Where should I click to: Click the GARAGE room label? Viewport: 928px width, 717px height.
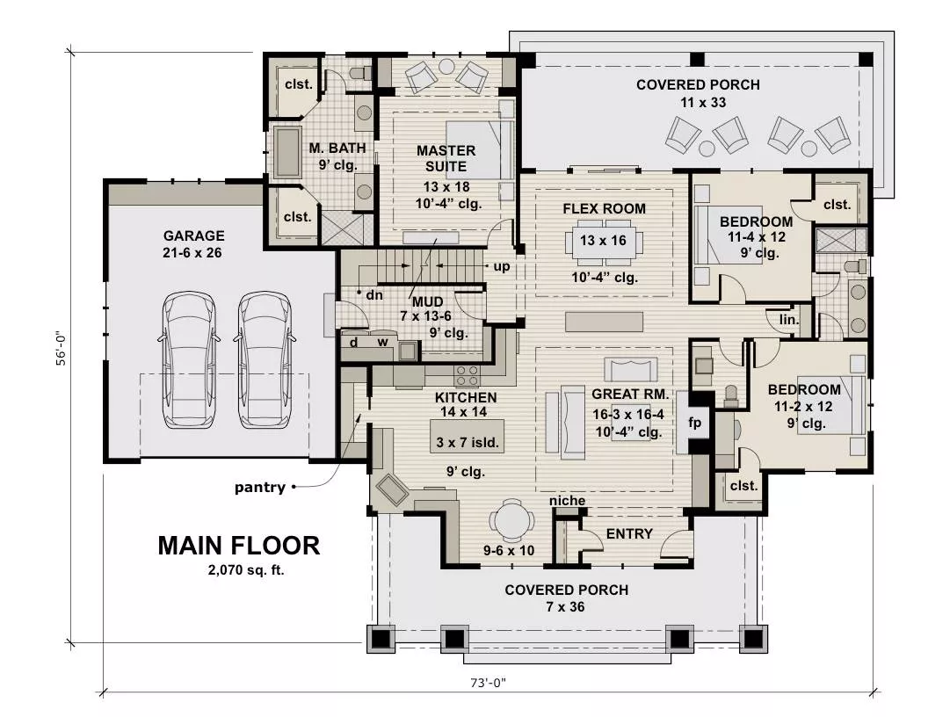[x=193, y=235]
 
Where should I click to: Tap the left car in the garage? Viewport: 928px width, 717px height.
[x=189, y=359]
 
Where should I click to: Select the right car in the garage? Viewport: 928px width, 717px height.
[x=265, y=359]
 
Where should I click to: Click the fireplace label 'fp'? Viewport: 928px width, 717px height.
[x=695, y=423]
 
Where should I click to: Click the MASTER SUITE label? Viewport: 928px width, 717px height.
[x=446, y=158]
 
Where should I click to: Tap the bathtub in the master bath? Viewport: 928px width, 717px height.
[x=287, y=152]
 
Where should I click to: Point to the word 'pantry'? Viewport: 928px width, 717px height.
[x=260, y=488]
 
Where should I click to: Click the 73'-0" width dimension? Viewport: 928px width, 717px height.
[x=489, y=683]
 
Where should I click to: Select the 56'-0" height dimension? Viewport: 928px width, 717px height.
[x=62, y=348]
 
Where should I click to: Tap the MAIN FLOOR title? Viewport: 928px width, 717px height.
[x=238, y=546]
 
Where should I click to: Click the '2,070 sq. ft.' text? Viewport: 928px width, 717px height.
[x=245, y=570]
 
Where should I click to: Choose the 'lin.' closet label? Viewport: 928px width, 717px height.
[x=789, y=320]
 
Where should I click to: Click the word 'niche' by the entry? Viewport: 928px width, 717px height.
[x=567, y=501]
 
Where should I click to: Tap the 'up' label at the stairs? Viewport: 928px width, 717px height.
[x=502, y=267]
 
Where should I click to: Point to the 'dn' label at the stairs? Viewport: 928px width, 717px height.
[x=374, y=294]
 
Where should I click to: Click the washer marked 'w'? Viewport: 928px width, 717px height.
[x=382, y=341]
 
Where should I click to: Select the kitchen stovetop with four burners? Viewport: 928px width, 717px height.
[x=467, y=376]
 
